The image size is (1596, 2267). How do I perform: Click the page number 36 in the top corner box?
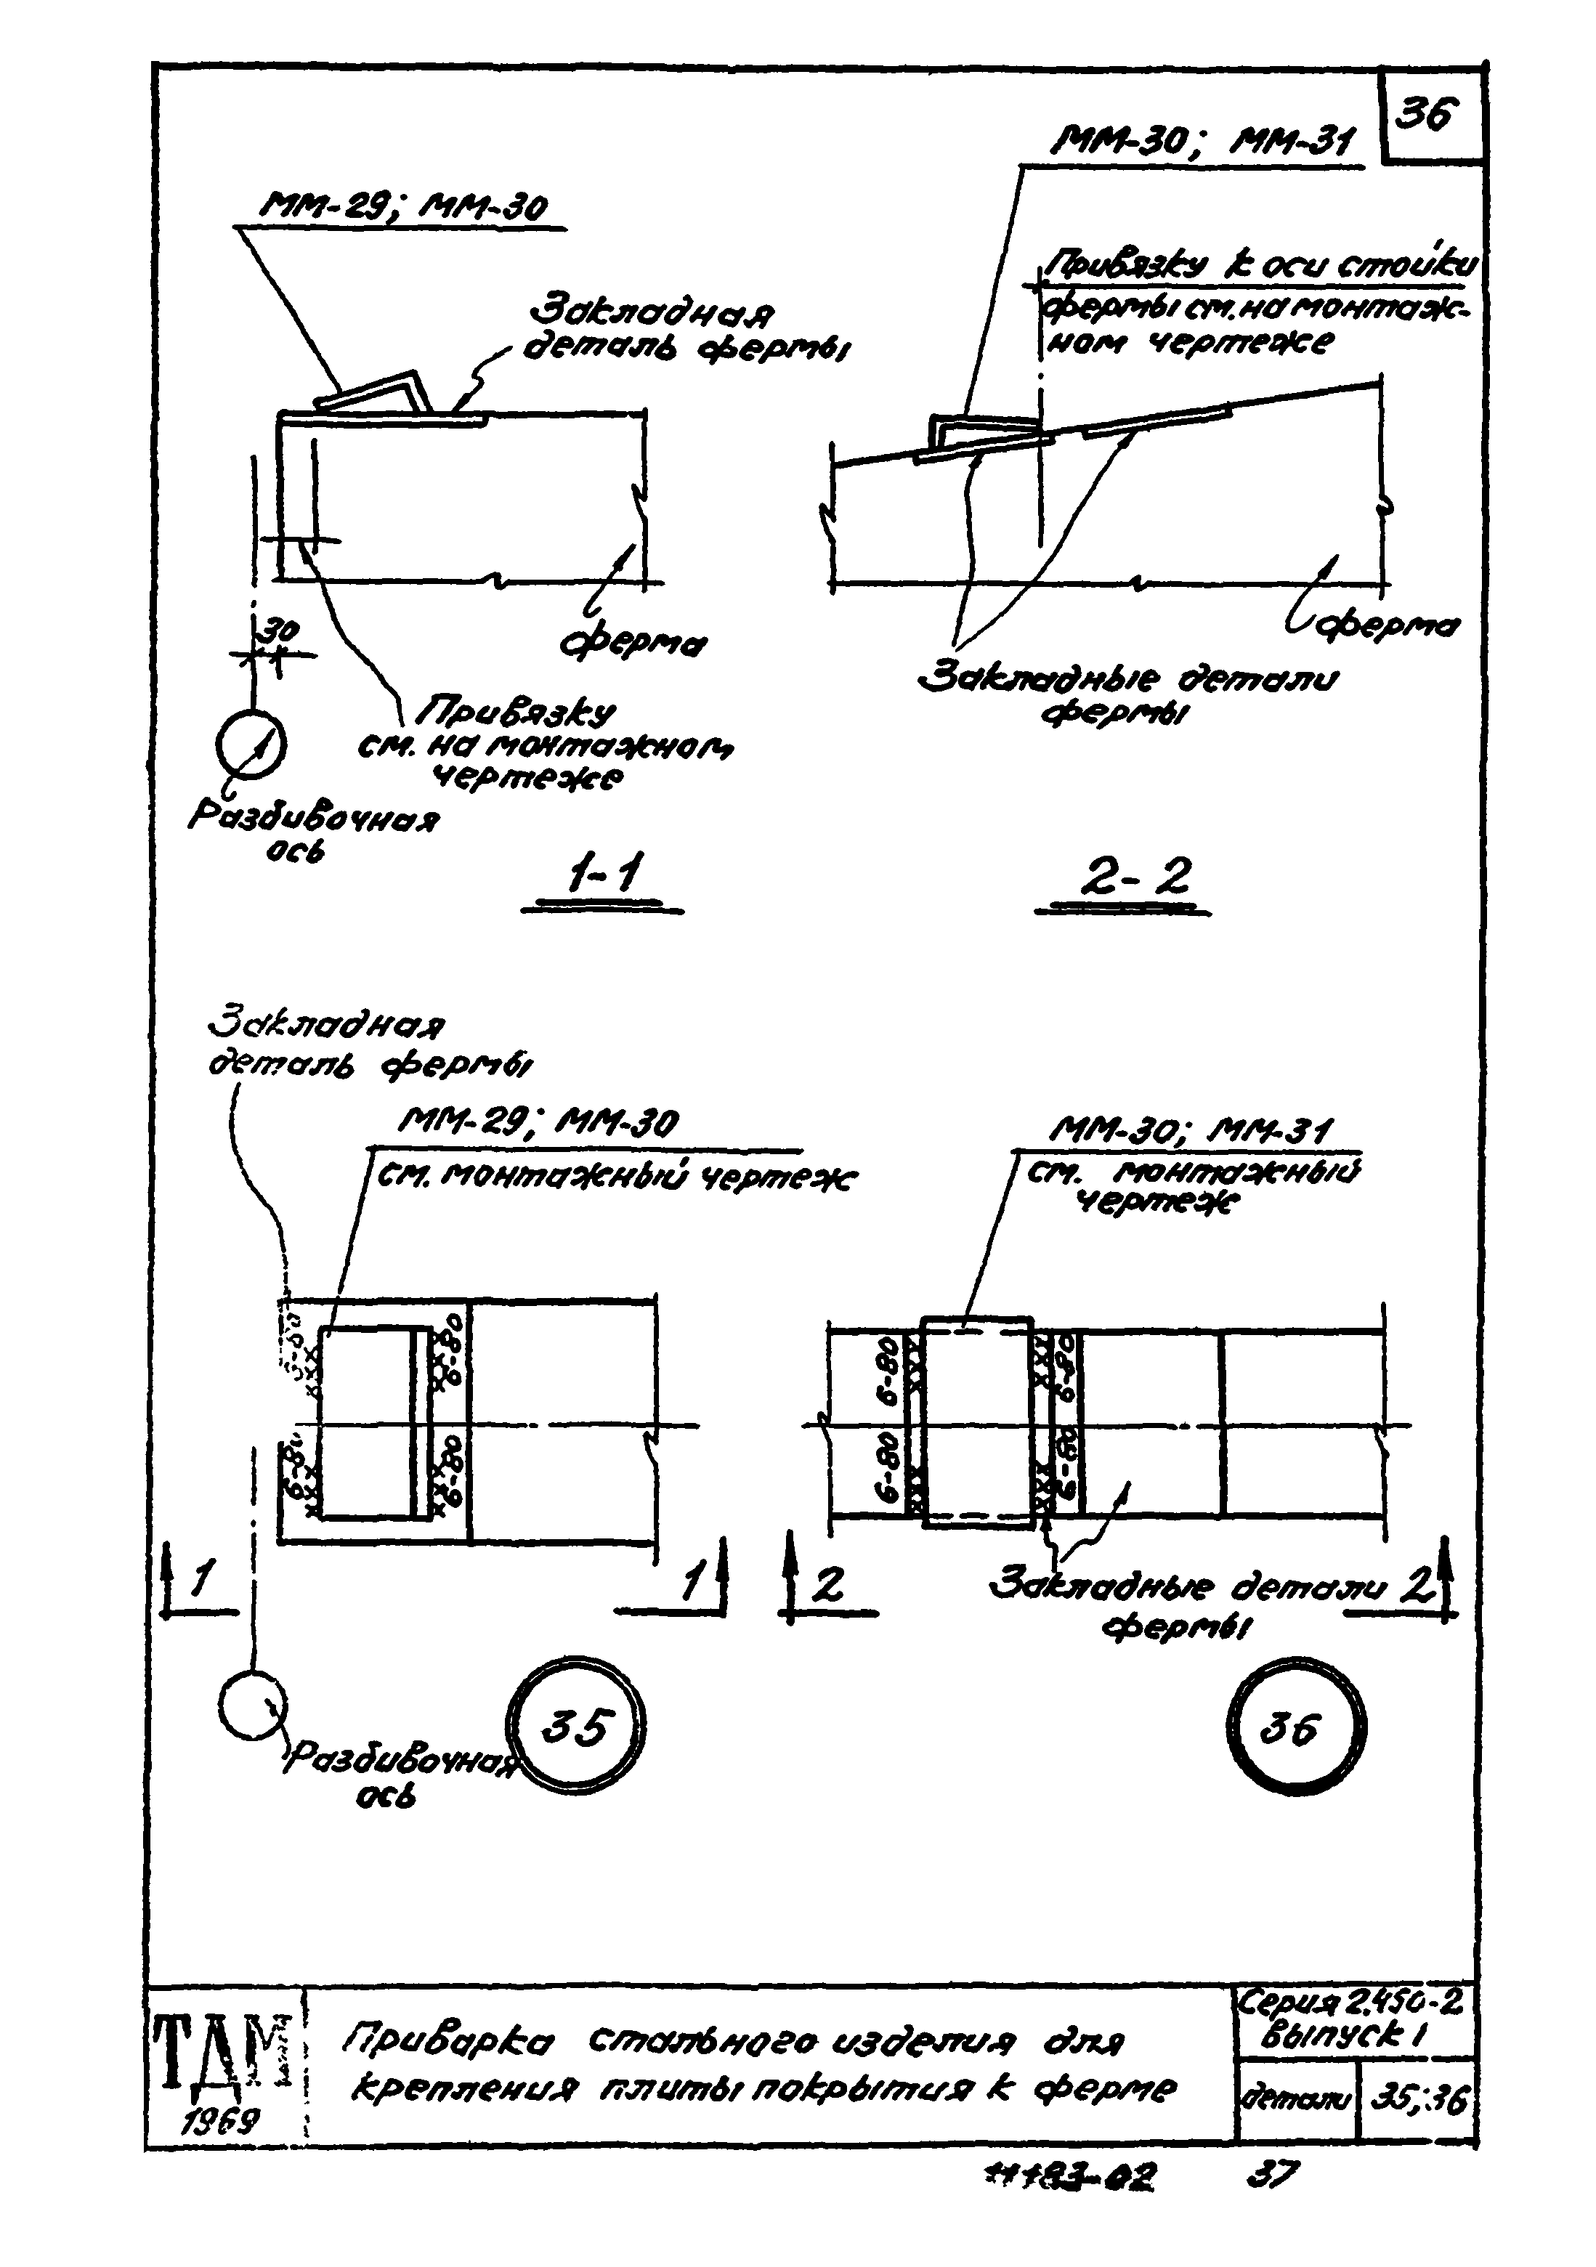pyautogui.click(x=1428, y=116)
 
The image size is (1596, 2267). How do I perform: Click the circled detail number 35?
pyautogui.click(x=576, y=1728)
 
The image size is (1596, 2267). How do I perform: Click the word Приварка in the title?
pyautogui.click(x=450, y=2041)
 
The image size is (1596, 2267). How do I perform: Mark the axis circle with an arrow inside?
pyautogui.click(x=253, y=745)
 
